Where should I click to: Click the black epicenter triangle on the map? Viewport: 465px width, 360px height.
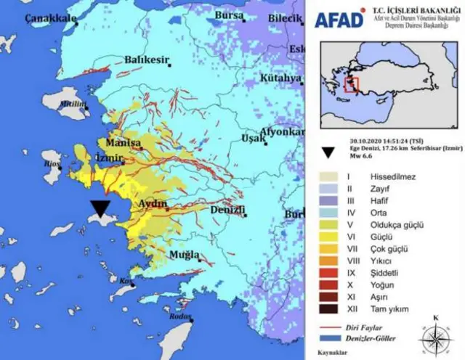point(100,209)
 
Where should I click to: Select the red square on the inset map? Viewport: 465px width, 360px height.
point(352,84)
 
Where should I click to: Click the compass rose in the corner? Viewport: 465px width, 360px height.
point(434,335)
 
